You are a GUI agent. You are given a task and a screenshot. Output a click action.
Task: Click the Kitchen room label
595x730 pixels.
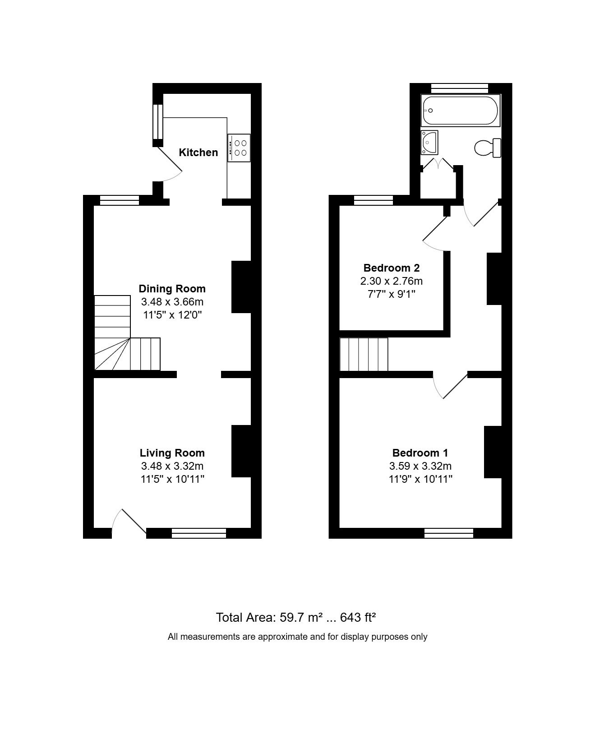pyautogui.click(x=198, y=152)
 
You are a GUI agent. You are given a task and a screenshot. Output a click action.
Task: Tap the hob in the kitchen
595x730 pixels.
pyautogui.click(x=239, y=148)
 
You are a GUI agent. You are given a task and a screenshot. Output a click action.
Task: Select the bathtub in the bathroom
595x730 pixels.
pyautogui.click(x=461, y=111)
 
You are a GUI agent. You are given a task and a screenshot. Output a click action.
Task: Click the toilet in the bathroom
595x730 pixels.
pyautogui.click(x=488, y=148)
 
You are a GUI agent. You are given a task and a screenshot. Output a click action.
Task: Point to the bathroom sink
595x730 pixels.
pyautogui.click(x=429, y=143)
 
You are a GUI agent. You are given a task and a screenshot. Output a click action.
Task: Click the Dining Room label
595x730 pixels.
pyautogui.click(x=172, y=289)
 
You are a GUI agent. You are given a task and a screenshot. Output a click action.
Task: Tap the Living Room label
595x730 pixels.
pyautogui.click(x=172, y=453)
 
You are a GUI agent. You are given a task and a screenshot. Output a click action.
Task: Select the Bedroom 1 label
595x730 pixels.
pyautogui.click(x=420, y=453)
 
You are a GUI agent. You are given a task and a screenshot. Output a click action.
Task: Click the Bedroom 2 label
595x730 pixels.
pyautogui.click(x=392, y=268)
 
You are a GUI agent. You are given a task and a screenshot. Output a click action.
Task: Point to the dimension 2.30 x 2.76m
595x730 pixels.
pyautogui.click(x=392, y=281)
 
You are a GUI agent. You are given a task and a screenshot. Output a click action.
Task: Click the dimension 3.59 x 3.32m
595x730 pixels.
pyautogui.click(x=420, y=466)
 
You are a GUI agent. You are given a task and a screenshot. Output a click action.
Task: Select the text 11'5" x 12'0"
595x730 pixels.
pyautogui.click(x=172, y=315)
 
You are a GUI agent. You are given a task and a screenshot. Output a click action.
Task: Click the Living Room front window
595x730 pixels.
pyautogui.click(x=199, y=533)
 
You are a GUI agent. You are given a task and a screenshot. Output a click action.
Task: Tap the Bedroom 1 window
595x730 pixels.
pyautogui.click(x=449, y=533)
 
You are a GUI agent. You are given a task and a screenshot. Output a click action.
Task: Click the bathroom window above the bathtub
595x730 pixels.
pyautogui.click(x=460, y=88)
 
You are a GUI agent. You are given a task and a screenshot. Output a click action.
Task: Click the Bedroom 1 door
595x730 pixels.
pyautogui.click(x=450, y=386)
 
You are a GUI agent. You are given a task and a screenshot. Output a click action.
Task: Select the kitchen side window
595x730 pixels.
pyautogui.click(x=158, y=122)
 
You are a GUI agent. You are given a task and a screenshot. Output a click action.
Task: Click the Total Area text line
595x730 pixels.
pyautogui.click(x=296, y=617)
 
